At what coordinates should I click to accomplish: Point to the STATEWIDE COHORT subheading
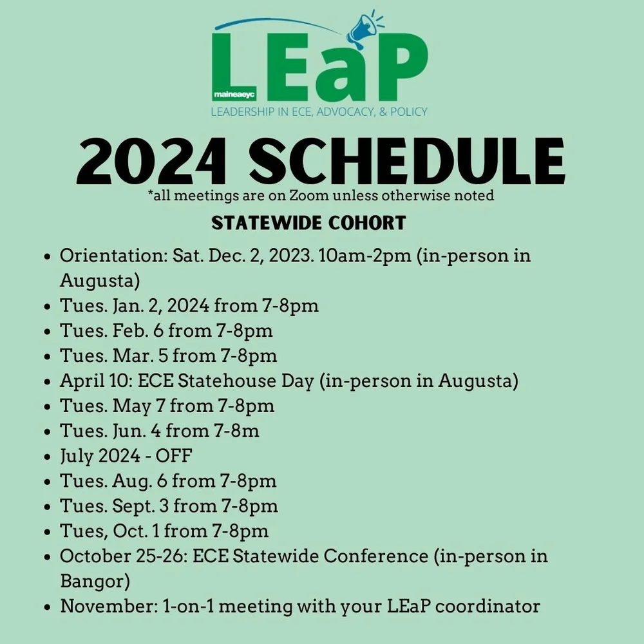(309, 223)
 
